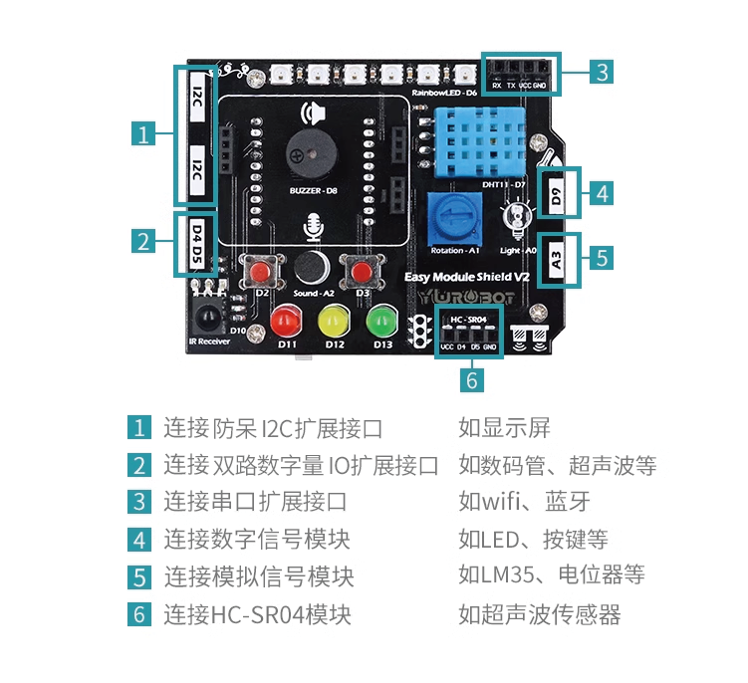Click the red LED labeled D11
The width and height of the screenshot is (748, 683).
click(x=286, y=321)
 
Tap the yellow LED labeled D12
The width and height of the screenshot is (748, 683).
click(x=333, y=321)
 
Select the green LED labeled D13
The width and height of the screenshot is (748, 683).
click(x=381, y=321)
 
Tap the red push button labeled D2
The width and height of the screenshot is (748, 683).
click(x=263, y=271)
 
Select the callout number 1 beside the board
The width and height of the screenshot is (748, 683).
click(x=145, y=134)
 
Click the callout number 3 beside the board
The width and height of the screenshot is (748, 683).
click(x=601, y=72)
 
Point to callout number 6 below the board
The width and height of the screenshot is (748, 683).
click(x=473, y=379)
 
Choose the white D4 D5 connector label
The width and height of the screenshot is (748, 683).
click(x=196, y=244)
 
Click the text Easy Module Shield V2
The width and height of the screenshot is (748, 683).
click(x=465, y=276)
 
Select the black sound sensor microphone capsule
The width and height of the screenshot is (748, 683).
click(x=311, y=266)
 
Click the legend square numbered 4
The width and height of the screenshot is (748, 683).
click(x=138, y=540)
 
